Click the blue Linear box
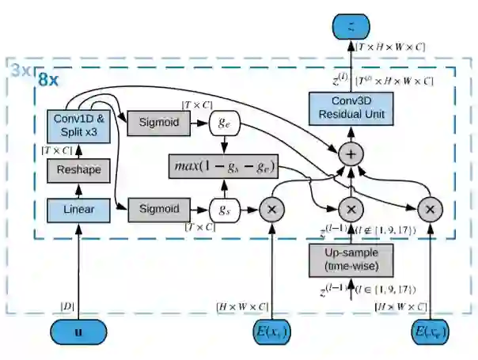78,210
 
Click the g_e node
224,123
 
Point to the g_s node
224,210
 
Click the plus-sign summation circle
350,153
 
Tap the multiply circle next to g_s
271,210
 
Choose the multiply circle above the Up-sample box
350,210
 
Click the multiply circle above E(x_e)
430,210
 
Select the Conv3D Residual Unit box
350,107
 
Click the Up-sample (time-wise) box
350,260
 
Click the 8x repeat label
49,81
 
